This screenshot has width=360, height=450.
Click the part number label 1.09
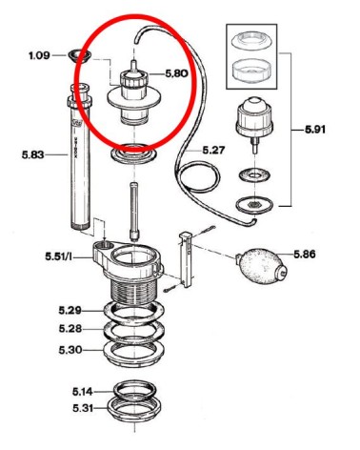click(39, 55)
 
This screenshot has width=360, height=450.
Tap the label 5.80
click(176, 73)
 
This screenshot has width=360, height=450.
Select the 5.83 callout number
click(33, 155)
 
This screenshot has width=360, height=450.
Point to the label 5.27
click(213, 150)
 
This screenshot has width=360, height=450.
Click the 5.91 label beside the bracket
click(315, 130)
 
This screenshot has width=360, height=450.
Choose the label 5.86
click(305, 254)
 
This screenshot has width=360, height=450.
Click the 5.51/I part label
click(58, 256)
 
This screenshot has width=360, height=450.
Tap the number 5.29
click(70, 310)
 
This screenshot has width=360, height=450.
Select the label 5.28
click(70, 329)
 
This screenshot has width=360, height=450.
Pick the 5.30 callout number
click(70, 350)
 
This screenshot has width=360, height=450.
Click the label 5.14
click(83, 392)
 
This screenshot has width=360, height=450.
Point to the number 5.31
click(83, 408)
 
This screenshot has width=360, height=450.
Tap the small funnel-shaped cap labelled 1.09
click(79, 56)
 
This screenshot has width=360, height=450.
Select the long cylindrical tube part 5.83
click(79, 156)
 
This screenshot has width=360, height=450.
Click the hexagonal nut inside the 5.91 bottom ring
click(253, 204)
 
